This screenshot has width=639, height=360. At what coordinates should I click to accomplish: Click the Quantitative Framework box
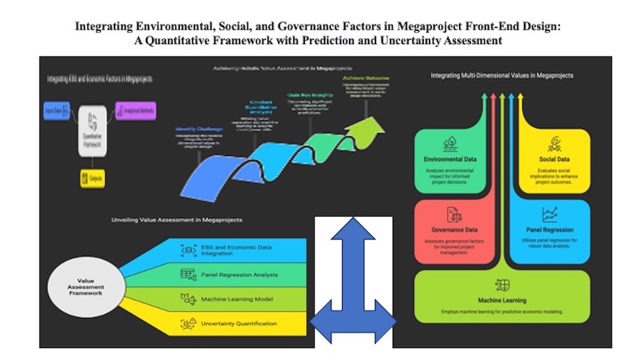(x=92, y=126)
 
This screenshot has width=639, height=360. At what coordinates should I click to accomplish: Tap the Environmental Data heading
(x=450, y=159)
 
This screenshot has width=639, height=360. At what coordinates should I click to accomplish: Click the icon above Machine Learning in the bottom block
(x=503, y=284)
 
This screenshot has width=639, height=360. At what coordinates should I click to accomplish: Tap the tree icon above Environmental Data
(x=450, y=143)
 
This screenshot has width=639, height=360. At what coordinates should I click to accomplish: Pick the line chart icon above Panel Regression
(x=550, y=214)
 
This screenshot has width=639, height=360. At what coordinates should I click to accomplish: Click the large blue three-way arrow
(x=353, y=283)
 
